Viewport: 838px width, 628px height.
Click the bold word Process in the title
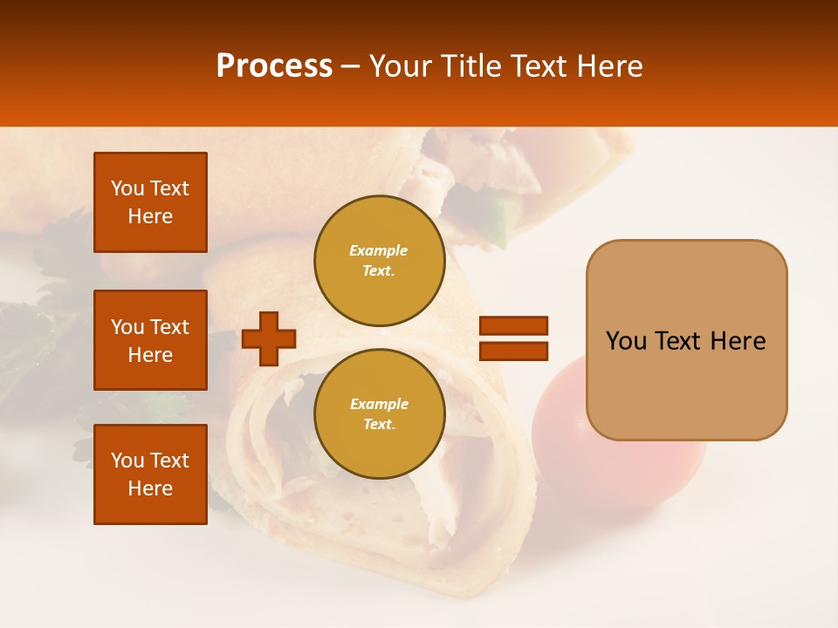[x=274, y=66]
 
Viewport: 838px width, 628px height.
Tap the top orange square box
[x=150, y=202]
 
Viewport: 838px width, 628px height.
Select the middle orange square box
[x=150, y=340]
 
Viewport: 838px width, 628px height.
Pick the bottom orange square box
[x=150, y=474]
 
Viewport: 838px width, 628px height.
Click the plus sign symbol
[x=269, y=338]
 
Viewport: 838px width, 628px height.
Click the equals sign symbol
[x=513, y=338]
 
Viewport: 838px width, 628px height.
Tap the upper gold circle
[x=379, y=261]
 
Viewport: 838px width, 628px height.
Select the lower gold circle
[x=379, y=414]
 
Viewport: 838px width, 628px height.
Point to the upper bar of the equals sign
[x=513, y=326]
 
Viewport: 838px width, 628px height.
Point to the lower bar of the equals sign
[x=513, y=351]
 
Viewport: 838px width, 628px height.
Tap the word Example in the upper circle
[x=379, y=251]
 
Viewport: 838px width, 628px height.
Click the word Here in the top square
[x=150, y=216]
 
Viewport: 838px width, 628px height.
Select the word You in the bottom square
[x=127, y=461]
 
